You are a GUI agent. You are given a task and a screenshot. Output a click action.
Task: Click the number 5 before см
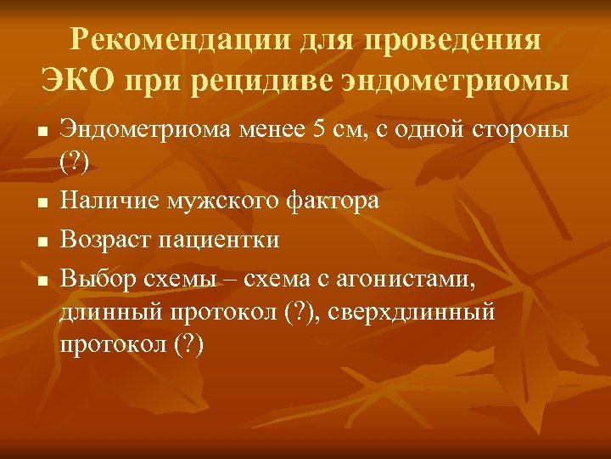click(x=319, y=132)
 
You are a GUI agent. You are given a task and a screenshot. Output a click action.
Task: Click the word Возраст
click(x=107, y=239)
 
